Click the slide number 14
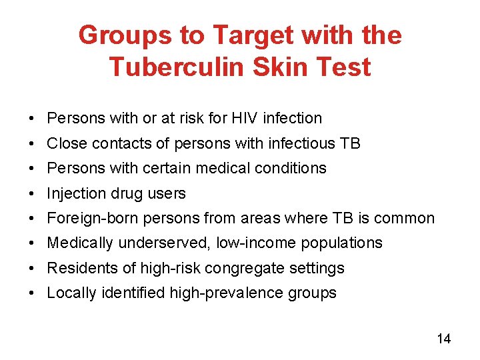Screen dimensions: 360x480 (x=443, y=339)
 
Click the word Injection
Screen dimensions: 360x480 (x=73, y=193)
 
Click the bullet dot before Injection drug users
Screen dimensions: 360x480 (x=32, y=193)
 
